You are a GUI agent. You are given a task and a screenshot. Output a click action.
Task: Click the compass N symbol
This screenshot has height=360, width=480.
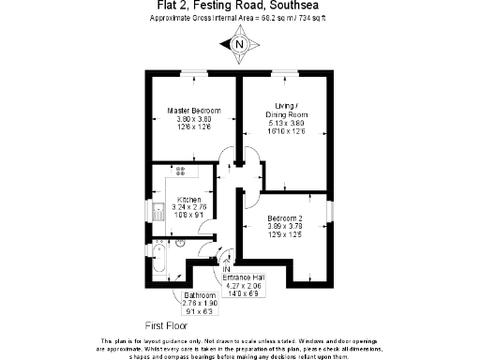click(x=240, y=43)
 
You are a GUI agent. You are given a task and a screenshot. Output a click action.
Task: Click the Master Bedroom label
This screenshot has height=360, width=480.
click(x=194, y=111)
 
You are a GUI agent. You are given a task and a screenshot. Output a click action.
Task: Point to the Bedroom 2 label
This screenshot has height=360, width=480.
click(x=284, y=217)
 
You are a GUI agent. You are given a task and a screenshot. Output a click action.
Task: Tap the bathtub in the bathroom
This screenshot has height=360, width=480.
click(x=159, y=261)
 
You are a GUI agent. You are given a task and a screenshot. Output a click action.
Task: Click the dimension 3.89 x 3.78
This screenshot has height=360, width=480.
click(x=284, y=226)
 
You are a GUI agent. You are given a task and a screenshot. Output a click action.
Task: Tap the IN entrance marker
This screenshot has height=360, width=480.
click(x=227, y=269)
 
